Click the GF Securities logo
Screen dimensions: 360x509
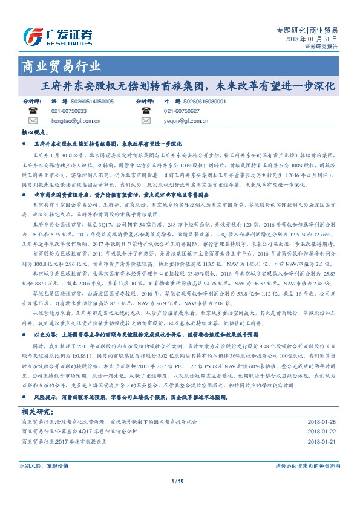pos(58,34)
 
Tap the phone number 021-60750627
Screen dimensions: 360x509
pos(182,111)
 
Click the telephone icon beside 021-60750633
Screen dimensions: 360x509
pos(33,111)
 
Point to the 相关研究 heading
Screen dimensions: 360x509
pos(38,410)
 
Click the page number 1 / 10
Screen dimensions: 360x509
pos(178,481)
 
